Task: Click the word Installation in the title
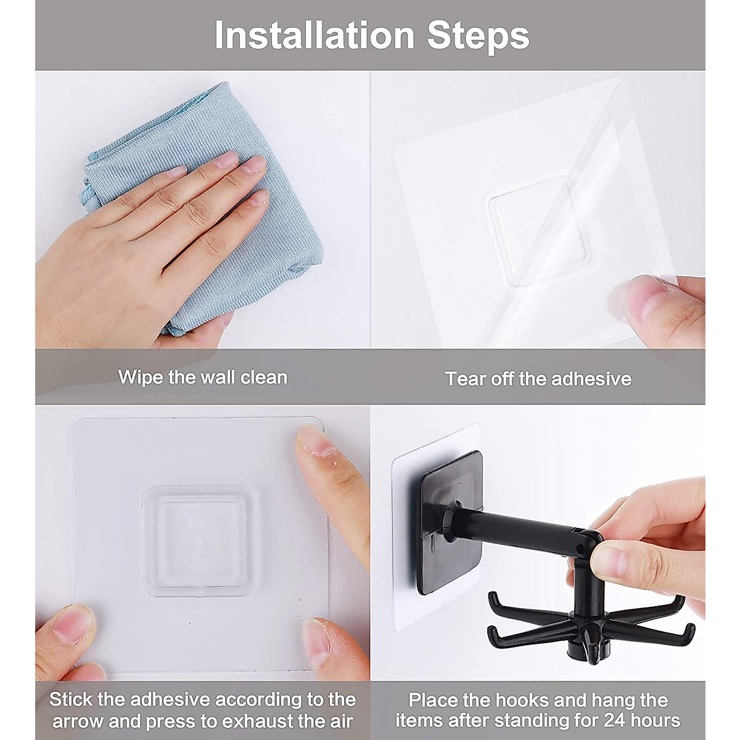(314, 35)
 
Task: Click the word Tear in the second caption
(462, 379)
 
